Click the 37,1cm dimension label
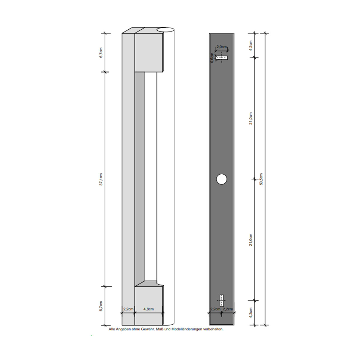click(x=101, y=179)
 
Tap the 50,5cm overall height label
click(x=261, y=179)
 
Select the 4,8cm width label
click(x=148, y=309)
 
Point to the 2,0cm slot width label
click(x=222, y=47)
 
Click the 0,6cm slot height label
click(x=212, y=58)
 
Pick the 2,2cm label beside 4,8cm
click(x=128, y=309)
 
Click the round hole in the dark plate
click(x=222, y=179)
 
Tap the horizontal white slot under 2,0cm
click(x=222, y=57)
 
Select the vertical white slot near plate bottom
click(x=222, y=300)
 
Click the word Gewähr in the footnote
click(x=146, y=329)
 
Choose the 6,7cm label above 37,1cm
click(x=101, y=52)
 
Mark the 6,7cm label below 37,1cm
click(x=101, y=306)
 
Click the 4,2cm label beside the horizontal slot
click(x=251, y=45)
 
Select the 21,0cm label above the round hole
click(x=251, y=118)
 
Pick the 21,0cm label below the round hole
click(x=251, y=240)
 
